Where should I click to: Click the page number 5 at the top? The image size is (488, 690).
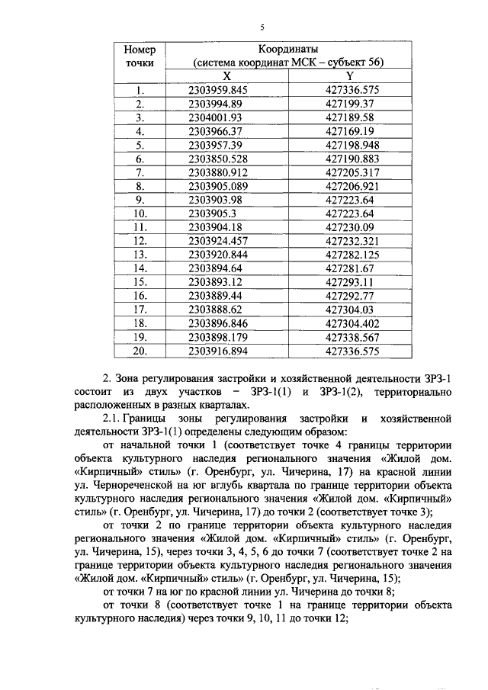[261, 27]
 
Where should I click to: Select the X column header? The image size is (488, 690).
[226, 75]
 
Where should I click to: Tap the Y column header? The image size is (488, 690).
[349, 75]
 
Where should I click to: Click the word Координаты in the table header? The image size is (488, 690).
[288, 49]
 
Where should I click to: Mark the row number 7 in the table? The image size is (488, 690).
[140, 172]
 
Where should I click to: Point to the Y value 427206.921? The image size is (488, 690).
[352, 186]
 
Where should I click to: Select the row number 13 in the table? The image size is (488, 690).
[140, 255]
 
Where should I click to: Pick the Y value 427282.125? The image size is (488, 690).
[352, 255]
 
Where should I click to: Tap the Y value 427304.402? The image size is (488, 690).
[352, 323]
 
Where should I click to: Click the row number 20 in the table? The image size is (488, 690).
[140, 351]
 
